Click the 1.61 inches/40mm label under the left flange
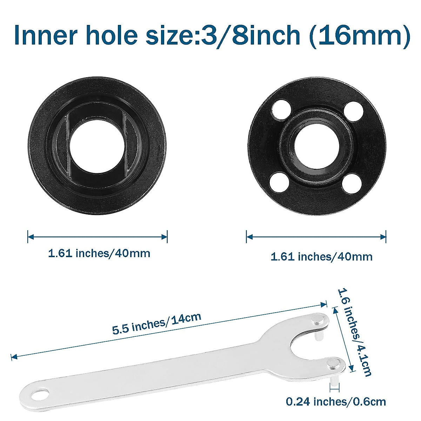[x=99, y=253]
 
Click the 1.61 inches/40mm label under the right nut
[x=321, y=256]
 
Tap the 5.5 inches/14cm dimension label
[x=157, y=323]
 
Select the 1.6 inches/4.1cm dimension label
[x=355, y=332]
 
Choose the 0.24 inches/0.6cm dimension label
[x=336, y=401]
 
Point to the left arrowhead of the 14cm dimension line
[x=13, y=357]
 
